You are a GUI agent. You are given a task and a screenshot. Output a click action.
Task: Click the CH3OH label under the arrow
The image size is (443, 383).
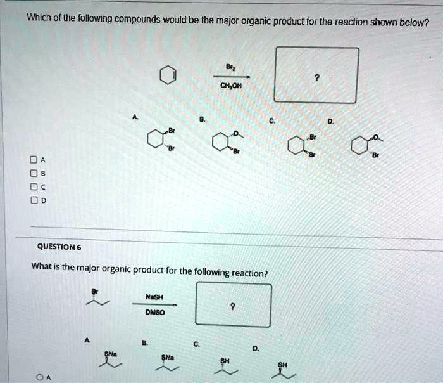[x=227, y=88]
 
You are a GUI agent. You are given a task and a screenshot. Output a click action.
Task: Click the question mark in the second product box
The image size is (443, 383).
[x=233, y=306]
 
